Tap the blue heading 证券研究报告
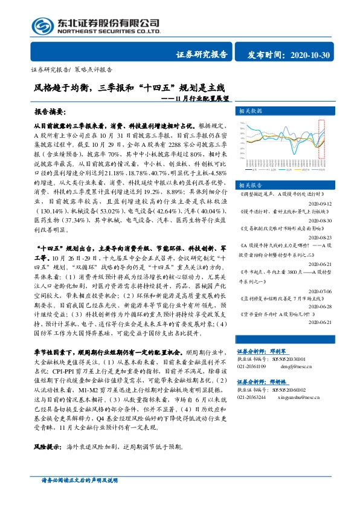coord(202,55)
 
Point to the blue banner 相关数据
coord(251,111)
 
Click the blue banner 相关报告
coord(251,184)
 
